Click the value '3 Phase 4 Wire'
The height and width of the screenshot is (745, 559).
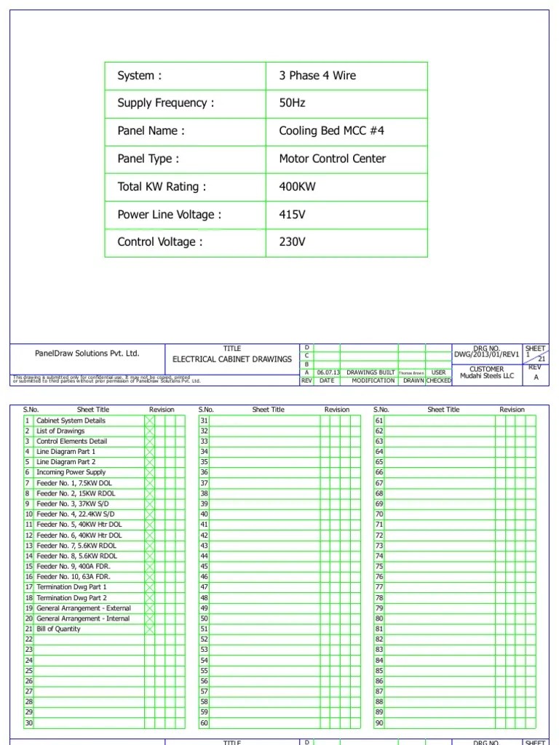point(317,76)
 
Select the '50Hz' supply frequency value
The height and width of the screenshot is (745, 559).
point(293,103)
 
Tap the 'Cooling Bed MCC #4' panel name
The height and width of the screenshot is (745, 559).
point(331,131)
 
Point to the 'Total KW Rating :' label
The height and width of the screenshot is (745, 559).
point(162,187)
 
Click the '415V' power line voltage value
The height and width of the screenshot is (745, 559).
point(293,215)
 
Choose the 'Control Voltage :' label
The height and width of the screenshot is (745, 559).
point(159,242)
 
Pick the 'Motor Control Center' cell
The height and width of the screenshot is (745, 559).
point(332,159)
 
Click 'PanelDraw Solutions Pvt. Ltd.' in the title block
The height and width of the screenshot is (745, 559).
point(87,354)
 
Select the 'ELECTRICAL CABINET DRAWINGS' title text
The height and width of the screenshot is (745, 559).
point(232,359)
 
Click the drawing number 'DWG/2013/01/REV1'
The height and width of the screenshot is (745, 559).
point(487,354)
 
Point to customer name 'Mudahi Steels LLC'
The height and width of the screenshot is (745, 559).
point(487,376)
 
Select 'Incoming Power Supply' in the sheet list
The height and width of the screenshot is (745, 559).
point(71,472)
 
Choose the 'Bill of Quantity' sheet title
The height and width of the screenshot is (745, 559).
point(59,629)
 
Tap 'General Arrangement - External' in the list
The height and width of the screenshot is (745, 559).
point(83,607)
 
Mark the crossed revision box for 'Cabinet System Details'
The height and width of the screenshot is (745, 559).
point(150,421)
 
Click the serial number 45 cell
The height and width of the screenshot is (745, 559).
point(204,566)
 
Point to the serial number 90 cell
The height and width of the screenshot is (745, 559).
point(379,723)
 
